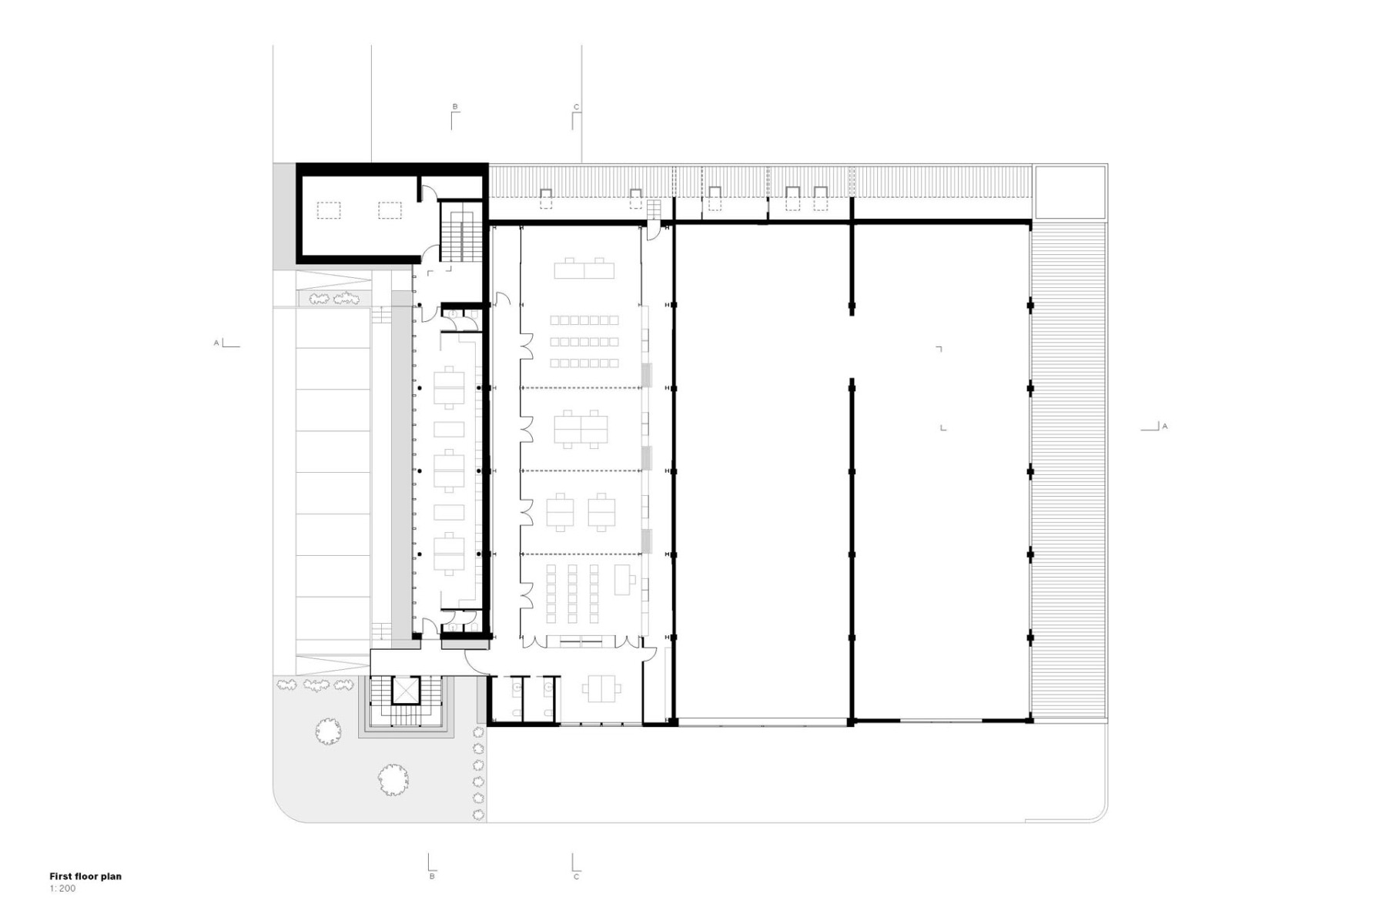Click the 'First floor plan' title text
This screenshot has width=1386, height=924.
[x=85, y=876]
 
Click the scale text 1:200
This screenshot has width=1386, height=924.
[x=63, y=889]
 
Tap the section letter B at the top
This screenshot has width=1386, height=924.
[x=455, y=106]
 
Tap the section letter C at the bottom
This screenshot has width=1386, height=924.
[x=576, y=876]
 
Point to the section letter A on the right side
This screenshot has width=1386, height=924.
[x=1164, y=426]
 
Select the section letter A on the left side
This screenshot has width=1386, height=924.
[x=216, y=343]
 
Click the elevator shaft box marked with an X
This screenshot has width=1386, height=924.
[x=403, y=690]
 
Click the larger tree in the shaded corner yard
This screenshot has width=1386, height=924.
[x=393, y=779]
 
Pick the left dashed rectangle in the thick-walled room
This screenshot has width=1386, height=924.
[x=330, y=210]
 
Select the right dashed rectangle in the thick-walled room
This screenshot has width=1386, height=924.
[x=390, y=210]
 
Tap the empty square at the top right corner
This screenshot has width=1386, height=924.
[x=1069, y=192]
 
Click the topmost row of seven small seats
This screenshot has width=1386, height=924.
[x=584, y=320]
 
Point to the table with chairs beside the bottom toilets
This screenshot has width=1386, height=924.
[x=597, y=688]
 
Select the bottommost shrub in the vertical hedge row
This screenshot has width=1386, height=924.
[x=478, y=815]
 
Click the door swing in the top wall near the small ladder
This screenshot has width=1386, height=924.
[x=654, y=230]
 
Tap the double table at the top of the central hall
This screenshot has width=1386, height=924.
[x=584, y=269]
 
